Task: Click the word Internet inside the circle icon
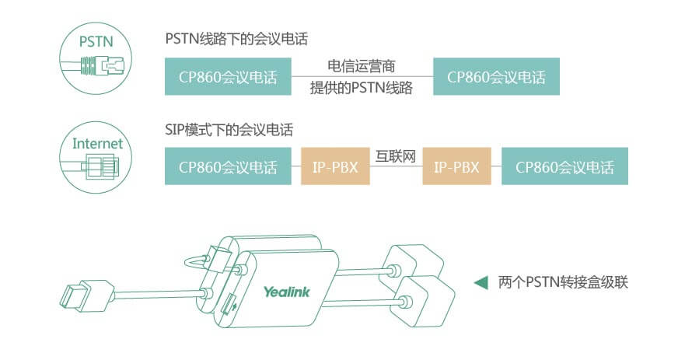(97, 143)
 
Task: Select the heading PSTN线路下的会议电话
(236, 38)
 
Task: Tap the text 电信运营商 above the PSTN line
(362, 65)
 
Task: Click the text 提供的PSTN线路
(362, 89)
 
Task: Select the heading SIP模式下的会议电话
(229, 129)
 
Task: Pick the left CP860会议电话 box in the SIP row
(228, 167)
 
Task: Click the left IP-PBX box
(335, 167)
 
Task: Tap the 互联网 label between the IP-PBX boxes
(396, 156)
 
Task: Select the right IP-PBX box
(456, 167)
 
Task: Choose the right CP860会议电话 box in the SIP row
(564, 167)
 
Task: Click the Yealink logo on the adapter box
(286, 292)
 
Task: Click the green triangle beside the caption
(481, 281)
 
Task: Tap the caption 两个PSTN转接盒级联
(562, 281)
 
